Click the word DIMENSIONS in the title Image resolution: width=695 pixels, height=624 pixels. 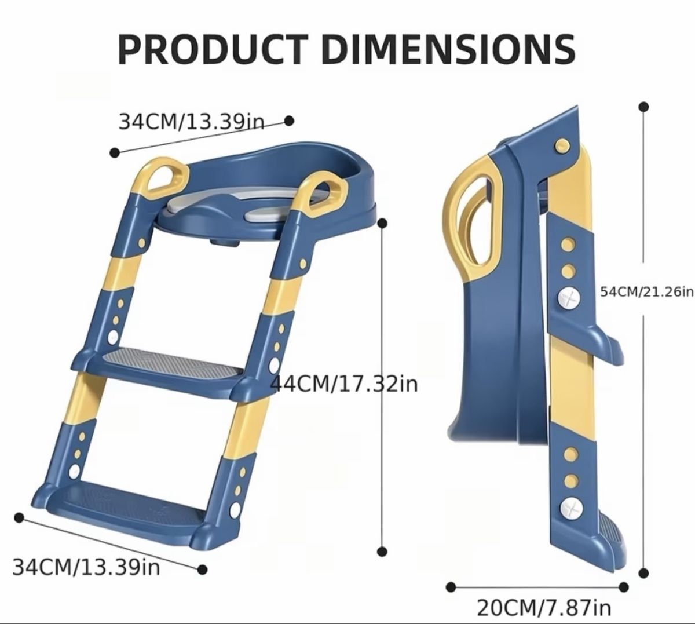448,49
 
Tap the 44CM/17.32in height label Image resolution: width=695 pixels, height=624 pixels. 344,384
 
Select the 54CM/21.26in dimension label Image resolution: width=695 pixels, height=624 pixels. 647,292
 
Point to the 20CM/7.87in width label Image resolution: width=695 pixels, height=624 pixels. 544,608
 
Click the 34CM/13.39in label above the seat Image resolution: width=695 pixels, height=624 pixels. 192,121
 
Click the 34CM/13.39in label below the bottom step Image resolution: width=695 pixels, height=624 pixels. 86,567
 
